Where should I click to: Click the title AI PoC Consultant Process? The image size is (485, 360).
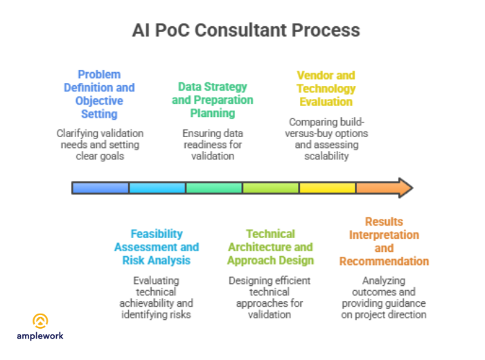(x=246, y=30)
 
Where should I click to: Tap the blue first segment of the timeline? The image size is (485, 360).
(x=101, y=188)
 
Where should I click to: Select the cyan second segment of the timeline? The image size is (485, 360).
(x=157, y=188)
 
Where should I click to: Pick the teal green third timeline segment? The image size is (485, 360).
(x=214, y=188)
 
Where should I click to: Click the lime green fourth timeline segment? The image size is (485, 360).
(x=271, y=188)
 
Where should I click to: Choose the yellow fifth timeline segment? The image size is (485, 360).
(x=327, y=188)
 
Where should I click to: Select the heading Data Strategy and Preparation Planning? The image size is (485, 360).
(x=213, y=100)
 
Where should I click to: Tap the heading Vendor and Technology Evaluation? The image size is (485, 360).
(x=326, y=88)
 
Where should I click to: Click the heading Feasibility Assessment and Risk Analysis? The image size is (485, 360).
(x=157, y=247)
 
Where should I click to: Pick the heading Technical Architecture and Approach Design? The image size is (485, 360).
(x=270, y=247)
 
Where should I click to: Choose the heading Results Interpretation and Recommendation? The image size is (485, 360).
(x=384, y=242)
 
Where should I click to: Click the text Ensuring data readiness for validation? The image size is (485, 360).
(x=213, y=145)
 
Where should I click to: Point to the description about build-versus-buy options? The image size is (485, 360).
(x=326, y=139)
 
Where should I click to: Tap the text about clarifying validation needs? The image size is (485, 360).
(x=99, y=144)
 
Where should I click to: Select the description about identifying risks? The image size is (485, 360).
(x=157, y=297)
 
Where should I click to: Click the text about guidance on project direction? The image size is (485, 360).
(x=384, y=298)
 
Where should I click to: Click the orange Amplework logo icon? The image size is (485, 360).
(x=41, y=321)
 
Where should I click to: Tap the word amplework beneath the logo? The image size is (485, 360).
(x=41, y=336)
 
